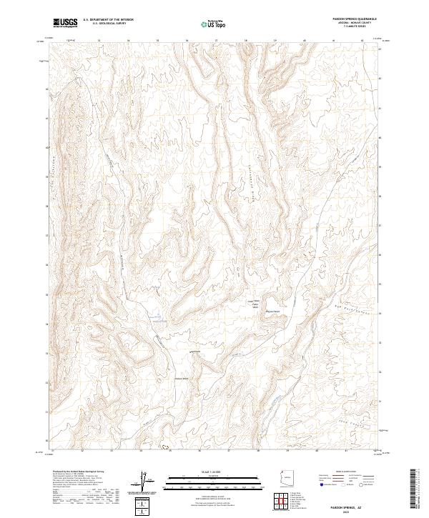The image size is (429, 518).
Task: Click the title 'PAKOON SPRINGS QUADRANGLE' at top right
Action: tap(341, 19)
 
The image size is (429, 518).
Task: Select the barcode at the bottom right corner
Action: tap(414, 486)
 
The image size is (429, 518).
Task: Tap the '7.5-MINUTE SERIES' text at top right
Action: tap(341, 28)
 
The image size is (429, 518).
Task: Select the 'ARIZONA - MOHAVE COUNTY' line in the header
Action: tap(341, 24)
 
